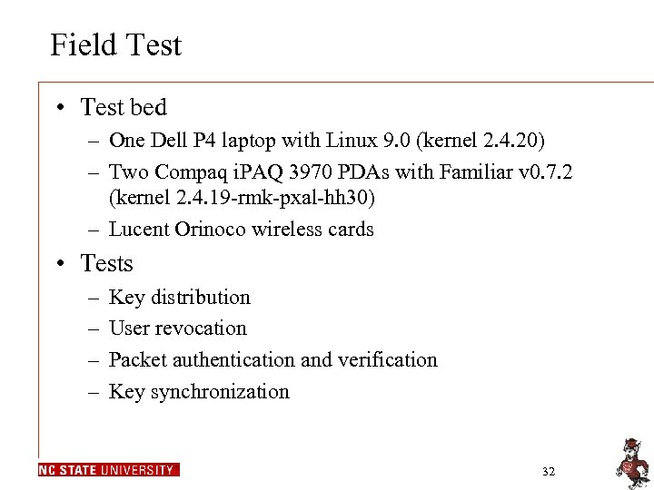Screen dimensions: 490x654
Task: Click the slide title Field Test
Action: tap(115, 44)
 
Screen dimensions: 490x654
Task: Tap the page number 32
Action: tap(548, 472)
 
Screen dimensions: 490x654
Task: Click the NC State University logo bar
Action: tap(108, 470)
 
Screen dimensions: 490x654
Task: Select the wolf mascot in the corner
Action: tap(629, 461)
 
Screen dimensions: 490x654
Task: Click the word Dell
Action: tap(165, 141)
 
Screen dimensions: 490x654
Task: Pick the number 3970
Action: tap(292, 171)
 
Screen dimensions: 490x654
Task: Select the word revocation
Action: tap(201, 328)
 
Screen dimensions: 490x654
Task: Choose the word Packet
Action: tap(136, 360)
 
